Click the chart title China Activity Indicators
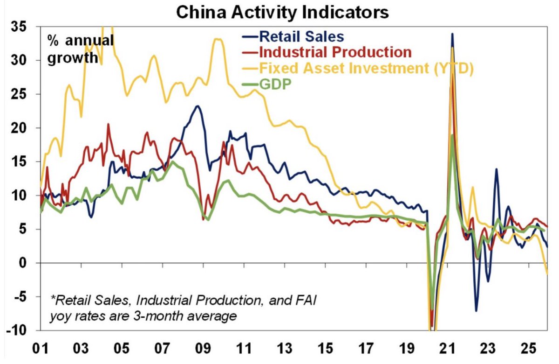click(x=282, y=12)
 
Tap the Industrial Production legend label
click(x=334, y=52)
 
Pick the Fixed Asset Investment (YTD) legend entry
click(x=366, y=68)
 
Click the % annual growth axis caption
click(x=79, y=49)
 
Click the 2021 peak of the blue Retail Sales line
click(x=452, y=34)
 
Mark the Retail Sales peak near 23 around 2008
click(x=198, y=106)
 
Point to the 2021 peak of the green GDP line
click(x=452, y=135)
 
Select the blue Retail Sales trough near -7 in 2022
click(x=476, y=311)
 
